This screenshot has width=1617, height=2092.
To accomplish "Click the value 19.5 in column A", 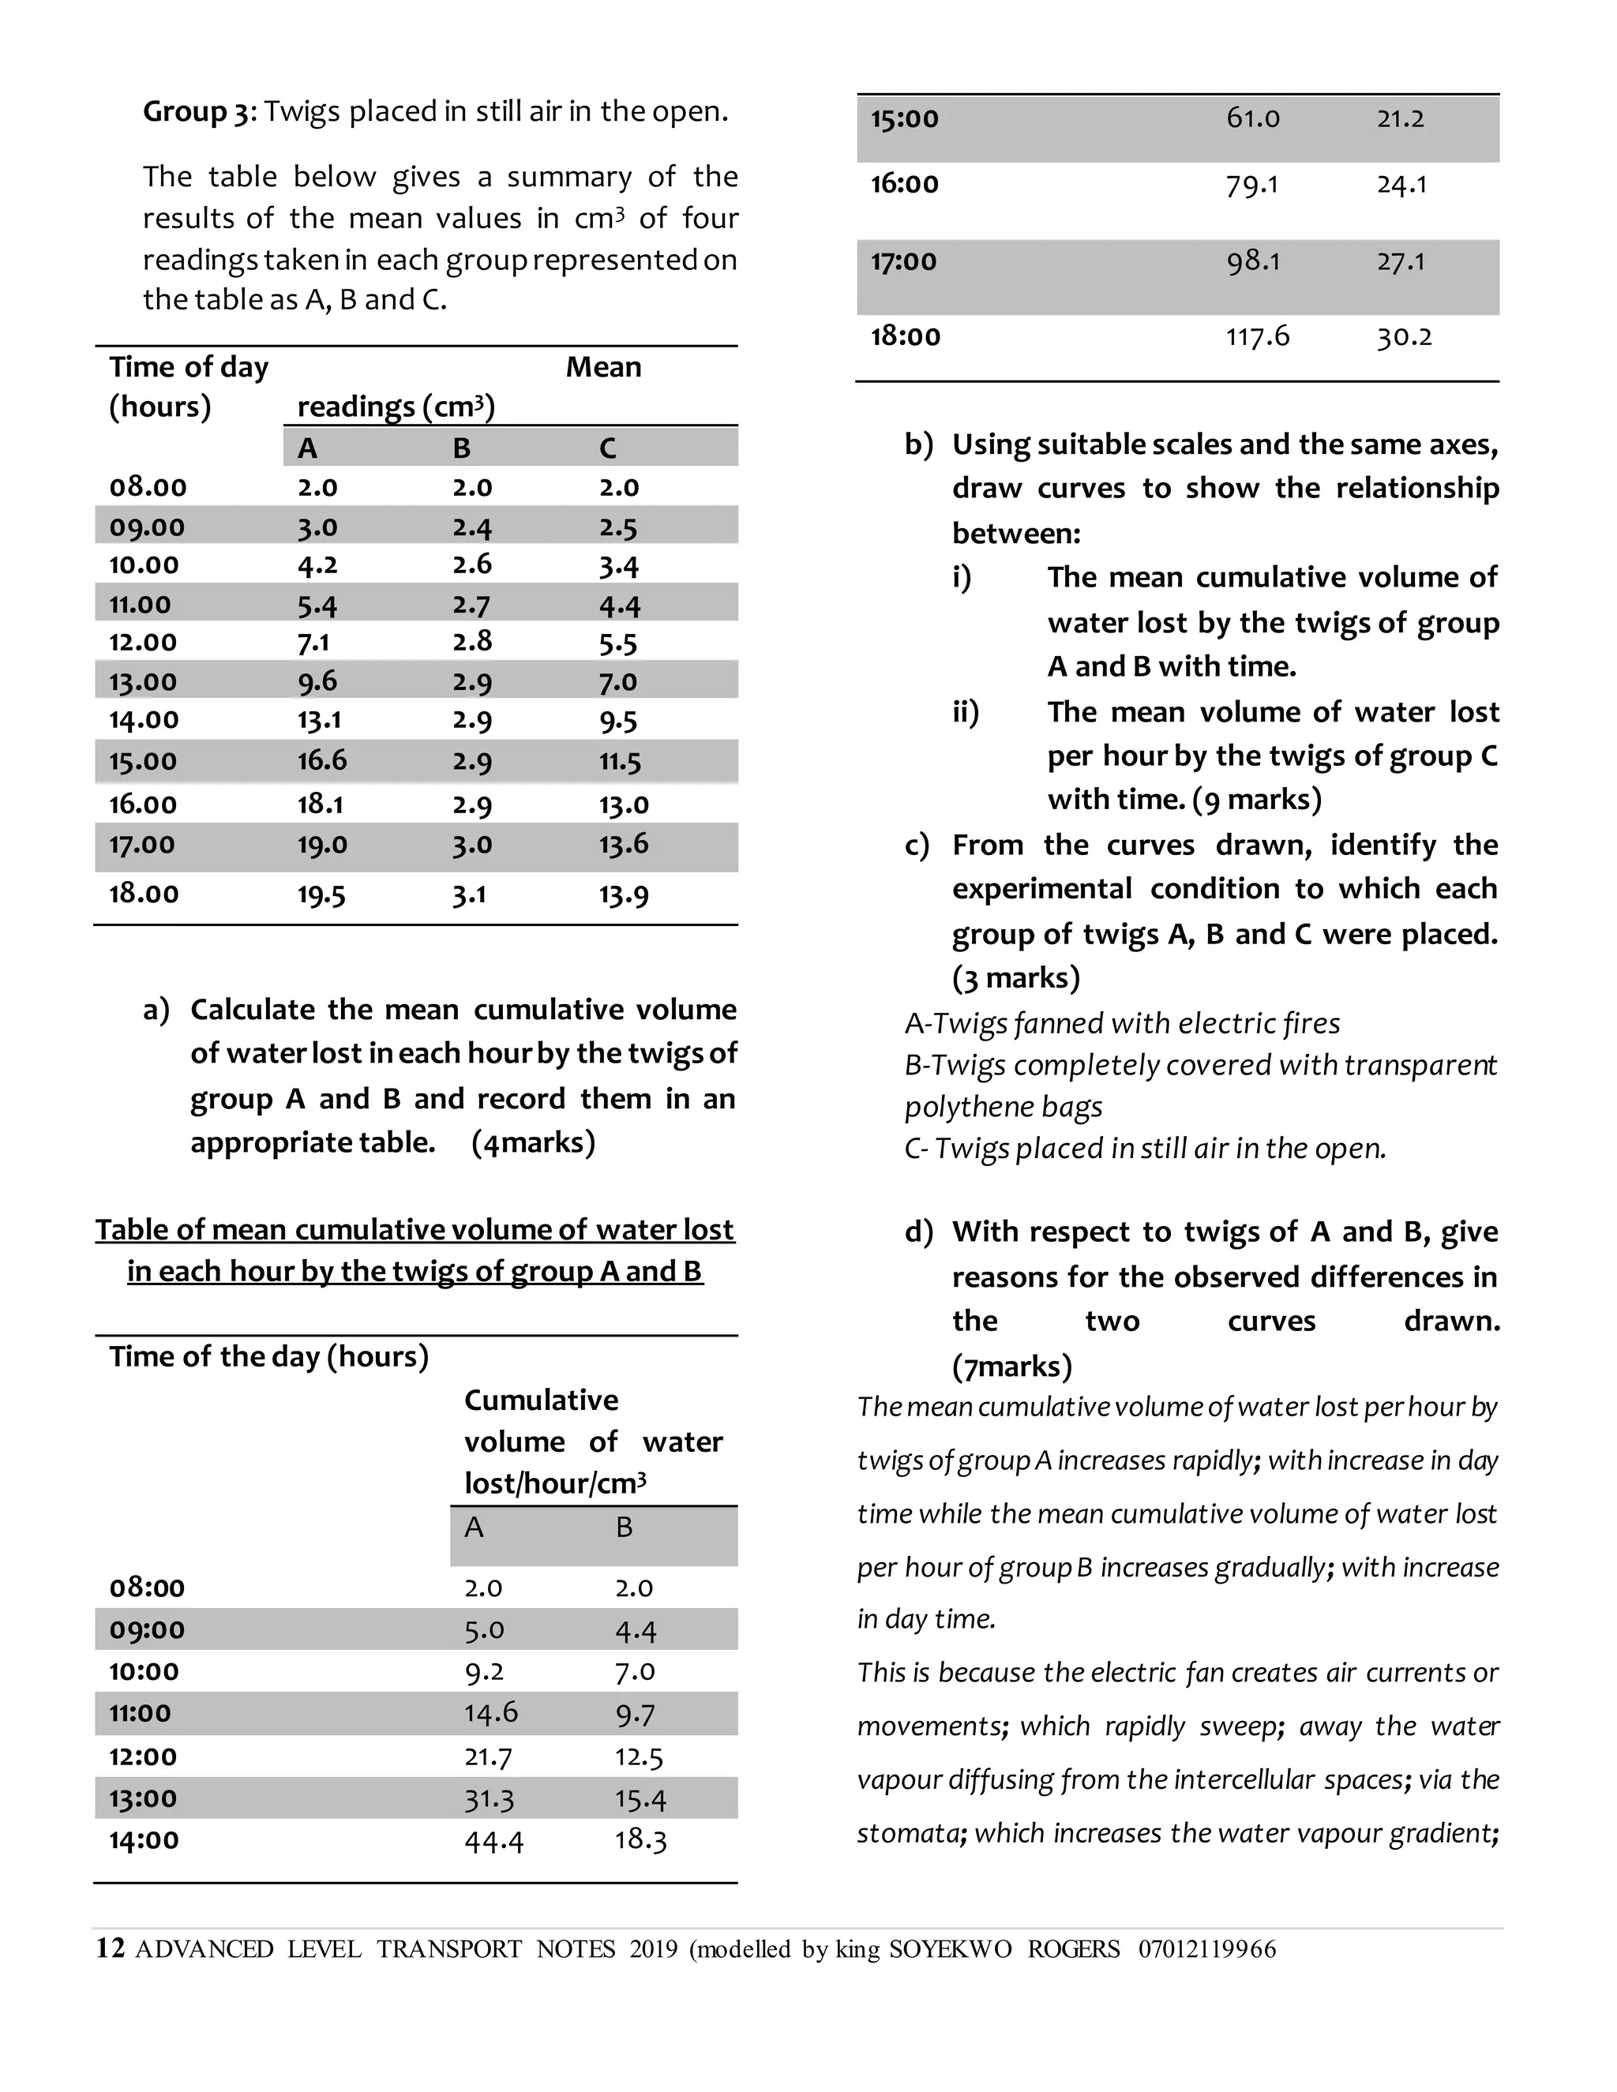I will (321, 894).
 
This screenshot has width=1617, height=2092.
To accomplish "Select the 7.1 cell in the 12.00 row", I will (313, 643).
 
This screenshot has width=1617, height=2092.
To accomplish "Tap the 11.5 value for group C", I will (620, 762).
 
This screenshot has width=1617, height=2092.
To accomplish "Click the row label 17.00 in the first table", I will (143, 845).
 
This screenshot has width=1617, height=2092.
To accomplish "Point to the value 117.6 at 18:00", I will (1258, 336).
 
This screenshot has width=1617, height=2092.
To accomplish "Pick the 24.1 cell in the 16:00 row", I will (1401, 184).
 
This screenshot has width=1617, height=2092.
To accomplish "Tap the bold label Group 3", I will (197, 112).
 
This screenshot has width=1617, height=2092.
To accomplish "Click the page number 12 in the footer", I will (111, 1949).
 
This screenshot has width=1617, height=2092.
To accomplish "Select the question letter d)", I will (917, 1232).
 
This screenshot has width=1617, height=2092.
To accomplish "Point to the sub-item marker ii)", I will (966, 712).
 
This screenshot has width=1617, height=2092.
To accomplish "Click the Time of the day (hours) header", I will (269, 1356).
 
